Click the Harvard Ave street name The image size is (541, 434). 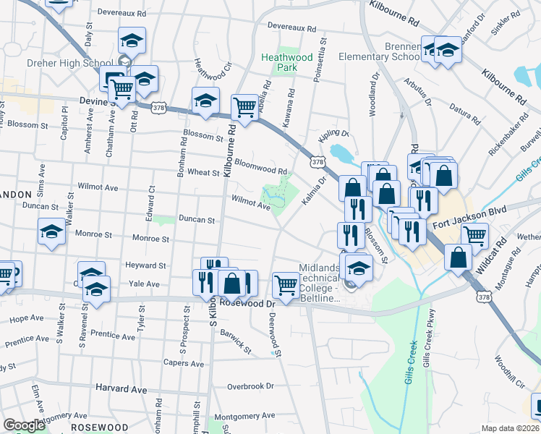coord(116,390)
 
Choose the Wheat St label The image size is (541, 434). coord(203,173)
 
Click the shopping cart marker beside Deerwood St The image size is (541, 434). coord(286,284)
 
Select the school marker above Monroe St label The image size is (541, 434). coord(51,232)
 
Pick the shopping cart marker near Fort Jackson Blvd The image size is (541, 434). coord(474,234)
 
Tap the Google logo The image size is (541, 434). coord(24,425)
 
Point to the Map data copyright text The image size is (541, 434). coord(511,428)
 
